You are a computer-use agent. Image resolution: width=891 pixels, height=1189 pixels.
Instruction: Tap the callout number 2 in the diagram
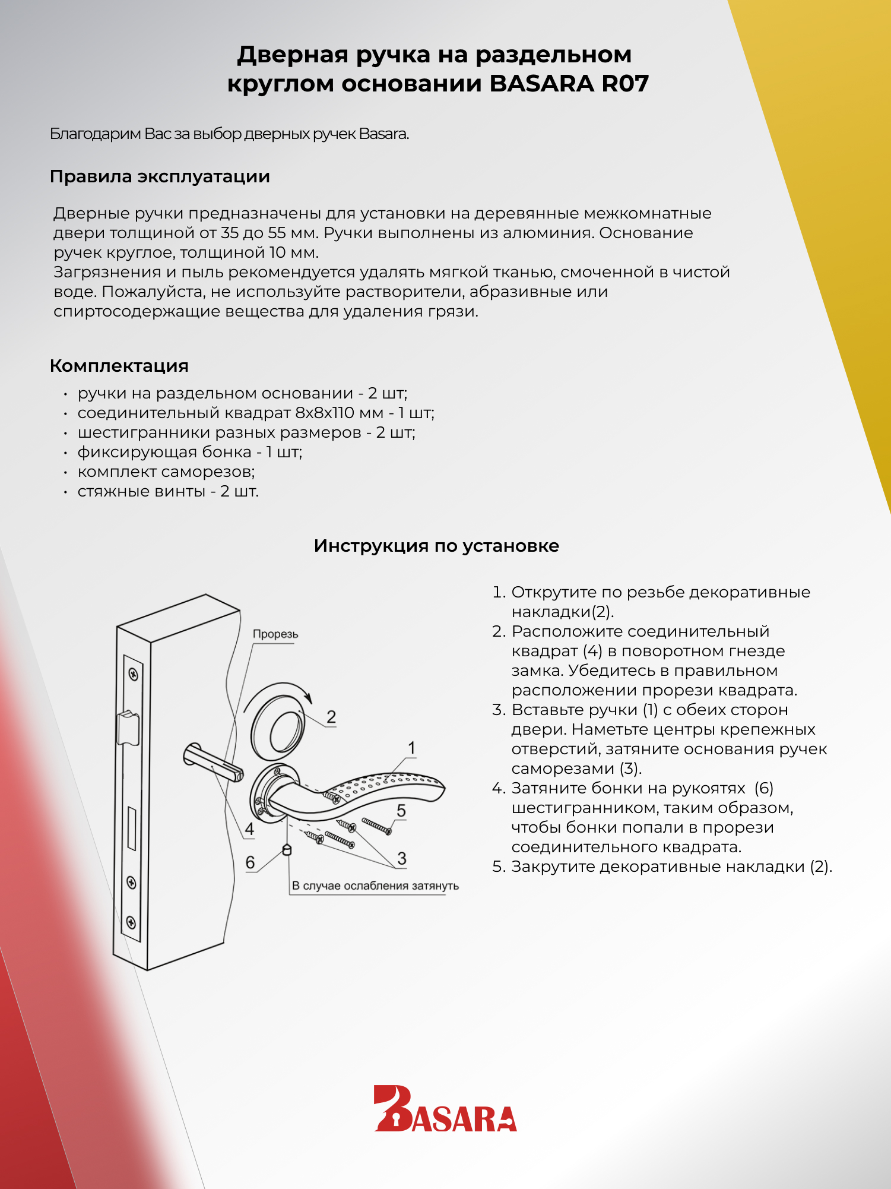[x=331, y=717]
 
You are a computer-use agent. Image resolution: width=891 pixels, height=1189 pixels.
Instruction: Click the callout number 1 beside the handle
[x=411, y=748]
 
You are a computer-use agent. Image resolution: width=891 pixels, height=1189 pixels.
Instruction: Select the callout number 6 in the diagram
[x=250, y=862]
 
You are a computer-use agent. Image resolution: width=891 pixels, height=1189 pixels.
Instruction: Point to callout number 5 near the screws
[x=401, y=811]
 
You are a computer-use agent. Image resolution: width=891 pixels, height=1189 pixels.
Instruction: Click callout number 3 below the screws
[x=402, y=858]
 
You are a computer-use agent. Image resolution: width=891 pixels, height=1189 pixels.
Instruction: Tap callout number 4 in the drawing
[x=249, y=829]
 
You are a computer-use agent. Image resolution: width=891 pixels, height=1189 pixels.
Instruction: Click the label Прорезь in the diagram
[x=275, y=634]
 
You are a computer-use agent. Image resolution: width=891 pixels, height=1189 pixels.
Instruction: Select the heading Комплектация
[x=119, y=366]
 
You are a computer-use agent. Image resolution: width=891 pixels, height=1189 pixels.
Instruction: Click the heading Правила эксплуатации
[x=160, y=176]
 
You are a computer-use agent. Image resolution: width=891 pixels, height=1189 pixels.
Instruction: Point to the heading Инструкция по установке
[x=436, y=546]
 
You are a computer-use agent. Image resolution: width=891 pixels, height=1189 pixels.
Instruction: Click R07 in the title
[x=625, y=84]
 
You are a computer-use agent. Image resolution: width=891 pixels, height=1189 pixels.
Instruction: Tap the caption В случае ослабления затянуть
[x=375, y=886]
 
